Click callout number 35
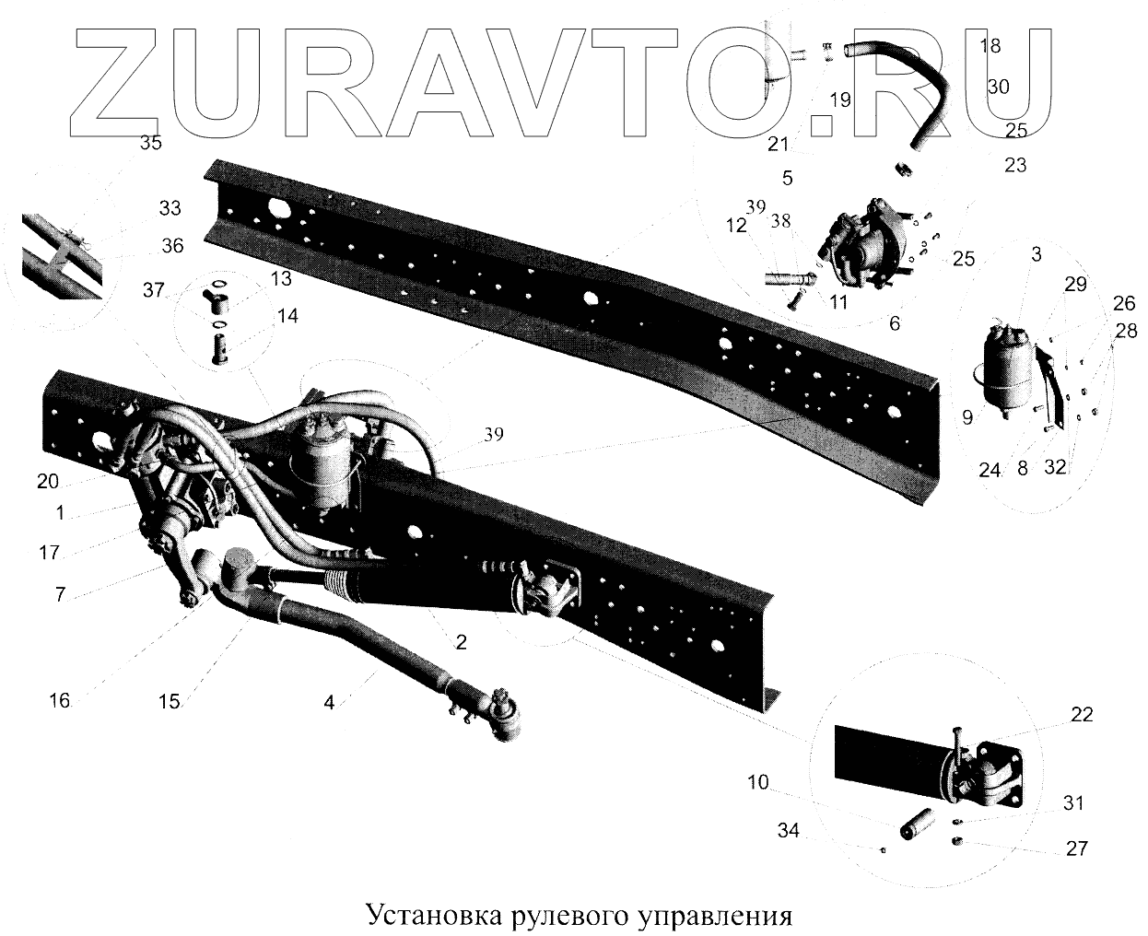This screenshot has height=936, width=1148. click(150, 143)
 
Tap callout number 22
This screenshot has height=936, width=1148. click(1082, 714)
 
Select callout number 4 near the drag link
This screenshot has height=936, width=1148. click(329, 701)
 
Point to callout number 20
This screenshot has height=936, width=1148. click(48, 480)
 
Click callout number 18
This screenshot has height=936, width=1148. click(990, 45)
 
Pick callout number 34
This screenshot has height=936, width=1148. click(787, 832)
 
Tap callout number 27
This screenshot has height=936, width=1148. click(1076, 848)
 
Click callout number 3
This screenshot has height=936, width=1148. click(1037, 254)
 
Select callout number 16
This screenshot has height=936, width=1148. click(60, 700)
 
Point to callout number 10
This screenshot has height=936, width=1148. click(757, 783)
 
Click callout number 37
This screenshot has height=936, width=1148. click(153, 291)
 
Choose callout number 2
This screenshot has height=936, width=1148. click(461, 642)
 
